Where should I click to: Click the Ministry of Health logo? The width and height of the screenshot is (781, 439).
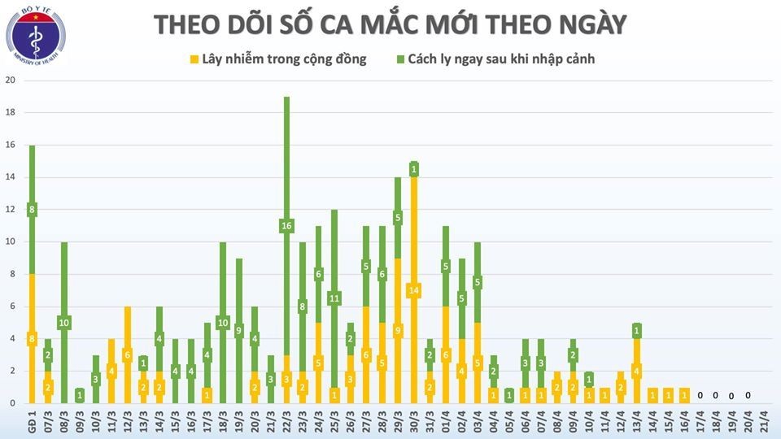[x=36, y=37]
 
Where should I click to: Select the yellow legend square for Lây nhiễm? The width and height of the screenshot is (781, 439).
[x=194, y=59]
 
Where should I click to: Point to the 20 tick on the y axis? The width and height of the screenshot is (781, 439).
[x=10, y=80]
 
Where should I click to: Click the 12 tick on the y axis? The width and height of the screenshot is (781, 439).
[x=10, y=210]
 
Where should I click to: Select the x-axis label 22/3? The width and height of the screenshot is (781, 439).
[x=286, y=422]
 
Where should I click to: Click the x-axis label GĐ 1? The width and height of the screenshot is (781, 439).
[x=32, y=422]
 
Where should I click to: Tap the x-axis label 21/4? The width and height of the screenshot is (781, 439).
[x=763, y=422]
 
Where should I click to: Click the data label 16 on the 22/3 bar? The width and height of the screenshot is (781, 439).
[x=286, y=226]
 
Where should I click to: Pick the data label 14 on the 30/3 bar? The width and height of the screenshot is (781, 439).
[x=413, y=290]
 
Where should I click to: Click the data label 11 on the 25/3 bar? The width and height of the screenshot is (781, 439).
[x=334, y=298]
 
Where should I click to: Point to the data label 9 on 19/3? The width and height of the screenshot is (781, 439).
[x=238, y=331]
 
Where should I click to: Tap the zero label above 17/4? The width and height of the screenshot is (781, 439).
[x=700, y=396]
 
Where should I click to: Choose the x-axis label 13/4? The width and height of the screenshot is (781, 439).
[x=636, y=422]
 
